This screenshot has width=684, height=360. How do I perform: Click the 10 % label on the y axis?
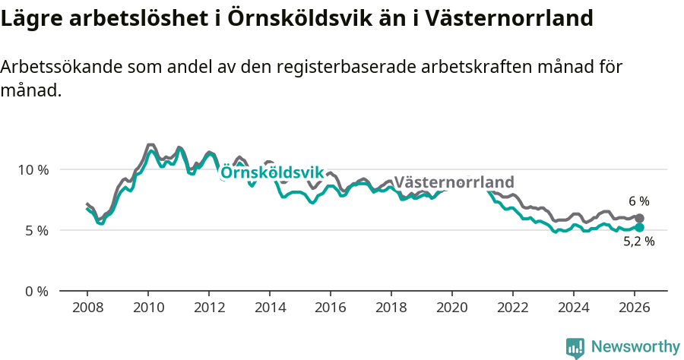[33, 169]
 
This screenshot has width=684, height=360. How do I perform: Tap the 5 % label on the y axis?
[36, 230]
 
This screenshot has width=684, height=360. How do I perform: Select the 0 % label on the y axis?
[36, 291]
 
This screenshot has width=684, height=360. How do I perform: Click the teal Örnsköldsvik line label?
[272, 173]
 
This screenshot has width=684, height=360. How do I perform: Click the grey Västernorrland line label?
[454, 182]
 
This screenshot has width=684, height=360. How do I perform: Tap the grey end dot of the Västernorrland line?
[640, 219]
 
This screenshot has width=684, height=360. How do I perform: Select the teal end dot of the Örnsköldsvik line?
[640, 227]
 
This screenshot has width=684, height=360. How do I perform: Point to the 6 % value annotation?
[638, 201]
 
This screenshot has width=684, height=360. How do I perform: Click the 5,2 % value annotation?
[638, 242]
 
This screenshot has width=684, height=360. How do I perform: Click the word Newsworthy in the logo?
[635, 347]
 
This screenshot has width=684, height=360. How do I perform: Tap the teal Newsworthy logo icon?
[575, 348]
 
